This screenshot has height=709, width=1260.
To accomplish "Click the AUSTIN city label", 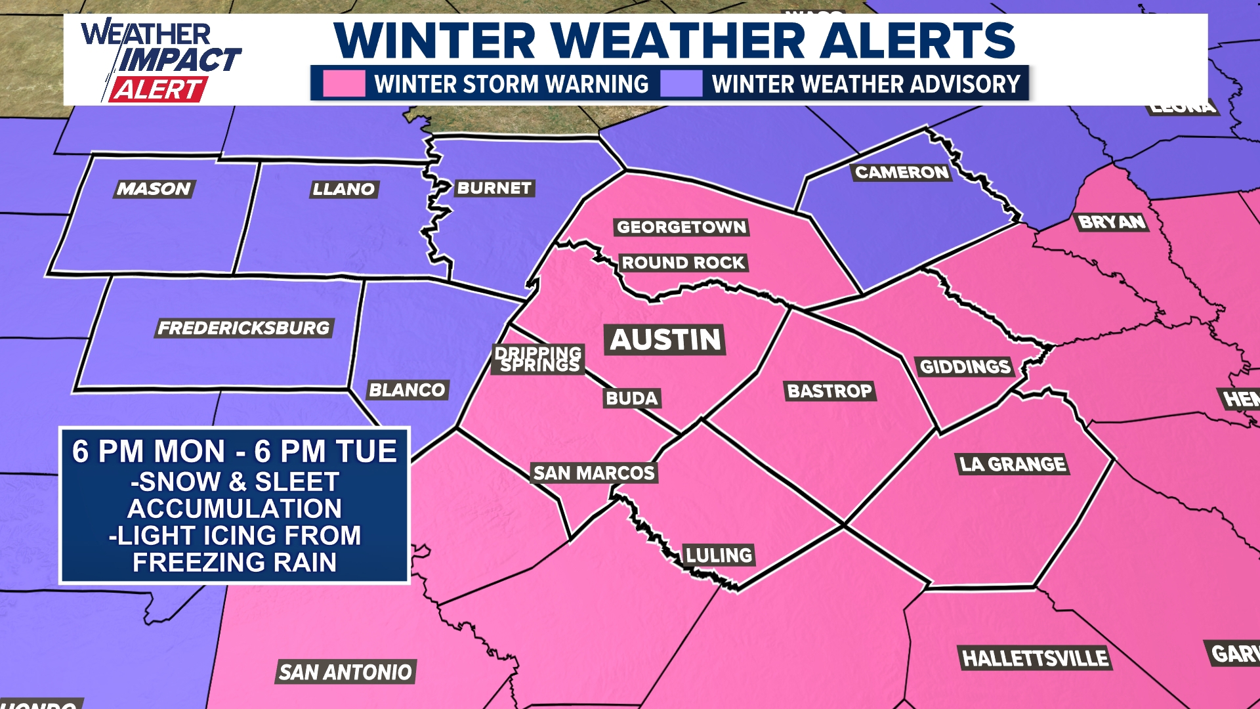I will pyautogui.click(x=665, y=339).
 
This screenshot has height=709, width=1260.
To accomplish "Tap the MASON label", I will pyautogui.click(x=154, y=189).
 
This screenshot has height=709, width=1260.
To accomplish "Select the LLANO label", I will pyautogui.click(x=343, y=190).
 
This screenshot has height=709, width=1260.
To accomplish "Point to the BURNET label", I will pyautogui.click(x=494, y=188).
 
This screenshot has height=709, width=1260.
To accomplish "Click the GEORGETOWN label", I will pyautogui.click(x=681, y=227).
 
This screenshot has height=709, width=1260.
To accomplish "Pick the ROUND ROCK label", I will pyautogui.click(x=683, y=263).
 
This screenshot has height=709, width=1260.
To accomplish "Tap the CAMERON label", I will pyautogui.click(x=902, y=173).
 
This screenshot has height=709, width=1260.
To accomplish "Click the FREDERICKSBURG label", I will pyautogui.click(x=243, y=328).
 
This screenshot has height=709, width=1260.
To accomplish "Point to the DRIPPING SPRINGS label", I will pyautogui.click(x=538, y=359).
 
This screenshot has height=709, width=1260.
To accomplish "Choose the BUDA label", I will pyautogui.click(x=631, y=398).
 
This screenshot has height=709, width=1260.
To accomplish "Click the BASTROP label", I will pyautogui.click(x=829, y=391).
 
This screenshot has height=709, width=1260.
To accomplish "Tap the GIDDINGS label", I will pyautogui.click(x=965, y=366).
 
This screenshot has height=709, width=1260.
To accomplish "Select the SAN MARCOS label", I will pyautogui.click(x=594, y=473).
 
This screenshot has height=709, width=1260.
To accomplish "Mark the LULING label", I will pyautogui.click(x=719, y=555).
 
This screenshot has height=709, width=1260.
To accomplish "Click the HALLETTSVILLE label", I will pyautogui.click(x=1035, y=658).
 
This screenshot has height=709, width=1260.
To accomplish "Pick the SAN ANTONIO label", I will pyautogui.click(x=345, y=672).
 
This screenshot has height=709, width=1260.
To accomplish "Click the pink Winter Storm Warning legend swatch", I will pyautogui.click(x=344, y=84).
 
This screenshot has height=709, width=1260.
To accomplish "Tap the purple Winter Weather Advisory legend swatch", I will pyautogui.click(x=681, y=84).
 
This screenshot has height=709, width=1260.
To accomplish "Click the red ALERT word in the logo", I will pyautogui.click(x=157, y=89).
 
